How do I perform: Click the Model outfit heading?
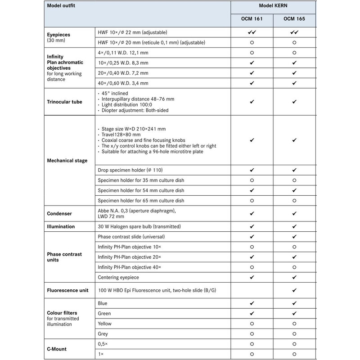point(61,5)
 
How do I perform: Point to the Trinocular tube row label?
point(65,102)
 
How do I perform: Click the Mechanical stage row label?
point(67,160)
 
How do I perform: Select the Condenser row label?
point(59,213)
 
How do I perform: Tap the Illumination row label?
point(61,226)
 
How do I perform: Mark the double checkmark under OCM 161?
point(252,33)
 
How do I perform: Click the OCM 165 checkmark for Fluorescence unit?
point(294,290)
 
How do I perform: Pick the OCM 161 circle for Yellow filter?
point(252,324)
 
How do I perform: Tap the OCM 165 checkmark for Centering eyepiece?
point(294,277)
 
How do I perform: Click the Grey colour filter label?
point(103,334)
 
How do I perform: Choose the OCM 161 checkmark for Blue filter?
point(252,303)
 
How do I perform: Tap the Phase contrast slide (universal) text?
point(131,237)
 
